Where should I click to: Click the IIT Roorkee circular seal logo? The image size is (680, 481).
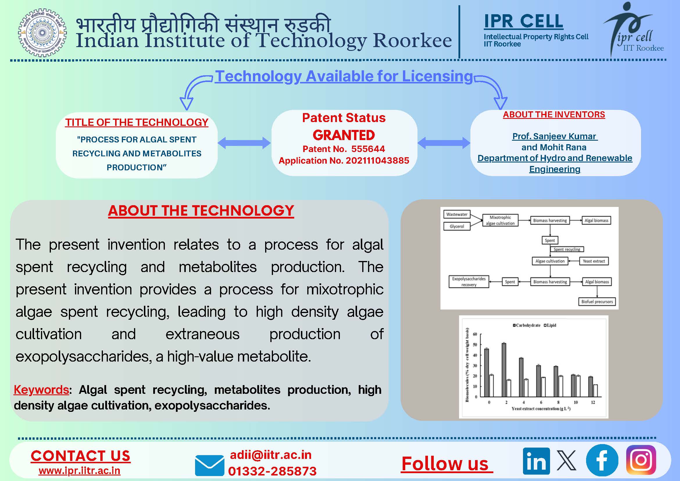[x=42, y=33]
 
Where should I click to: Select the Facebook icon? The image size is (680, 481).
[x=602, y=460]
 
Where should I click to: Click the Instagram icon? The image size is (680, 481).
[x=641, y=460]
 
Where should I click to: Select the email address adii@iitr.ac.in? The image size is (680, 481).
[x=271, y=455]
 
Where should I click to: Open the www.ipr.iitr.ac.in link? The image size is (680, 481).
[x=79, y=471]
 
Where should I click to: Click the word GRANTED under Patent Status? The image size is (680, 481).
[x=344, y=135]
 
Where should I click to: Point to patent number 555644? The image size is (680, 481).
[x=368, y=149]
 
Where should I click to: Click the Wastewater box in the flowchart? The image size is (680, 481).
[x=457, y=214]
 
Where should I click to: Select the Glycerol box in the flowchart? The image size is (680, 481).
[x=457, y=226]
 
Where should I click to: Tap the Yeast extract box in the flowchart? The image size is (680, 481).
[x=593, y=261]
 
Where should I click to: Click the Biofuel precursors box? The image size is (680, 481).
[x=597, y=301]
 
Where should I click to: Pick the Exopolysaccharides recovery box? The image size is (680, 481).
[x=469, y=282]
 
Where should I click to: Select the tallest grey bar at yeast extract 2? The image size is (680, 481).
[x=504, y=370]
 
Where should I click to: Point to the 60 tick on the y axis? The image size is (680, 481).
[x=475, y=334]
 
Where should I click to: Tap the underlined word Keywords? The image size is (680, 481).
[x=41, y=390]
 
